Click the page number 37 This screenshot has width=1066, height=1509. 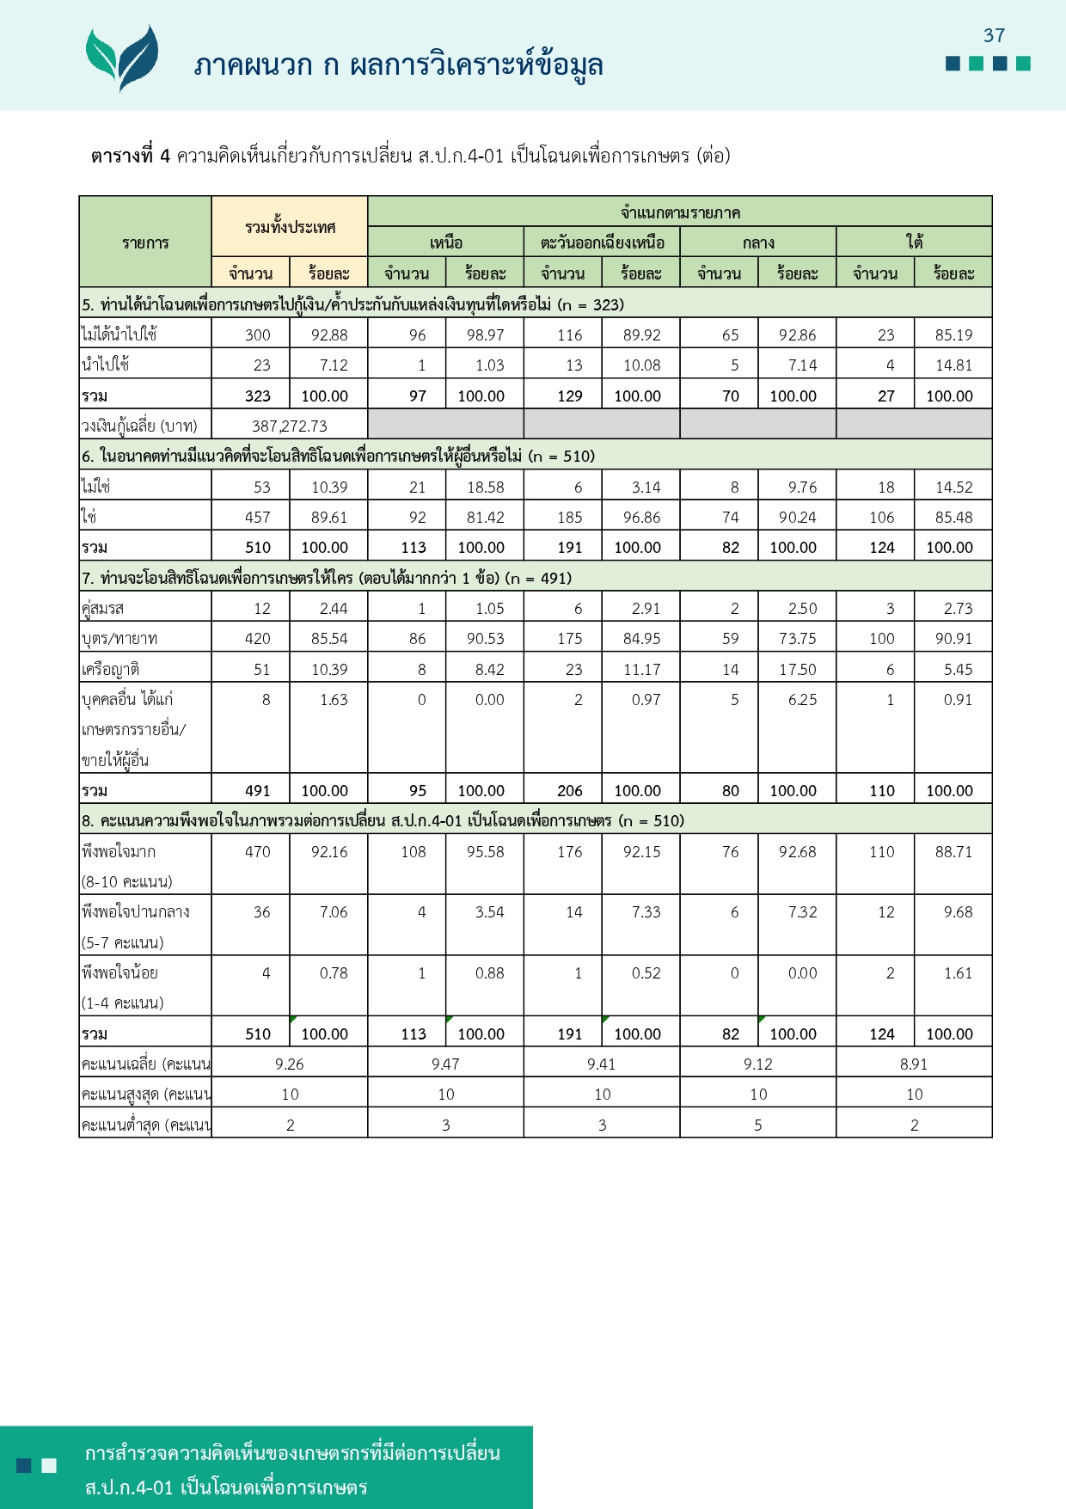pos(994,35)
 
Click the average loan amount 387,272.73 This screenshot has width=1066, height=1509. pos(289,426)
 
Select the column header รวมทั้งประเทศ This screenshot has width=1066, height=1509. pos(290,227)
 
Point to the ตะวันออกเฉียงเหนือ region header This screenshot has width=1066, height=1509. pos(602,242)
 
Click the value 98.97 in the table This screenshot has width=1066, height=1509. pos(485,335)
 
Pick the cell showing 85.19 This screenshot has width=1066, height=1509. pos(953,335)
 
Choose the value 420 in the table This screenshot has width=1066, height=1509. pos(257,639)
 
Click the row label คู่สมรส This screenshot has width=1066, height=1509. pos(103,609)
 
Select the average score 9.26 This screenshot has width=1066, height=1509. pos(290,1064)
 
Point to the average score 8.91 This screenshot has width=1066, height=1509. pos(914,1064)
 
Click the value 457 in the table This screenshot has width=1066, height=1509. pos(257,518)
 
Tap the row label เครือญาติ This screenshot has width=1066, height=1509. pos(111,669)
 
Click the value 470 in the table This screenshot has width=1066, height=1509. pos(257,852)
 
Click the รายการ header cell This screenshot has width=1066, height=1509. pos(145,242)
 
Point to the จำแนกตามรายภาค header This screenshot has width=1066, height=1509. pos(680,212)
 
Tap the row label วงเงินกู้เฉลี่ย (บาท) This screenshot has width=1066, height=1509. pos(139,426)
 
